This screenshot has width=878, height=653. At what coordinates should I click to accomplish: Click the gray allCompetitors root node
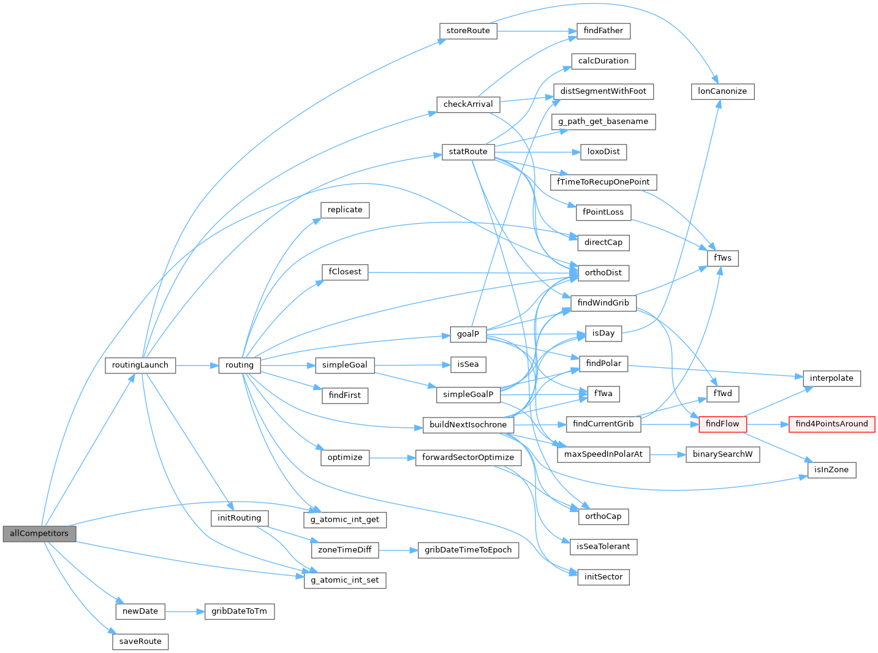39,533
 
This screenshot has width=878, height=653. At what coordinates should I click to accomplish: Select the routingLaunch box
140,365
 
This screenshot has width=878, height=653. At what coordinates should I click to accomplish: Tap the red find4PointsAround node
831,424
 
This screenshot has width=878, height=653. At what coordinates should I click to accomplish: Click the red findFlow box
722,424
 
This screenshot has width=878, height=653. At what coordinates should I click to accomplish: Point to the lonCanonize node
722,91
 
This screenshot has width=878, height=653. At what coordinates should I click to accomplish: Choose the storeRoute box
468,31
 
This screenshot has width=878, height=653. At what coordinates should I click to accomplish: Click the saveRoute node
140,641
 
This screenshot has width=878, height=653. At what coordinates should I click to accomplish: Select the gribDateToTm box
239,611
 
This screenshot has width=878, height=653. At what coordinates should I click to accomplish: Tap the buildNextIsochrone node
468,425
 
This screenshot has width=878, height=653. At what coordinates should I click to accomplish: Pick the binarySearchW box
722,454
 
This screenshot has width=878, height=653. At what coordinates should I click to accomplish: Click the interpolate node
831,378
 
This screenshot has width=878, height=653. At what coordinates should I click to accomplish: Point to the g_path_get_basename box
603,121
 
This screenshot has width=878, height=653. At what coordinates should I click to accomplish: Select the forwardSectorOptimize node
468,457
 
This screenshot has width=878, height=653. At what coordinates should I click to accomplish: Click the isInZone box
831,470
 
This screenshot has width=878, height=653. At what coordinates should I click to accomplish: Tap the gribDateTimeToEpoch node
468,550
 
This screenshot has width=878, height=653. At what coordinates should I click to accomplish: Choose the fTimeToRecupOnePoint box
603,182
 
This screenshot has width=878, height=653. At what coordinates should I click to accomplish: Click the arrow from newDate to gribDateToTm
184,611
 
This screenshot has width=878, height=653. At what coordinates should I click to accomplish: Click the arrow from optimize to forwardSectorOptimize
392,457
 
